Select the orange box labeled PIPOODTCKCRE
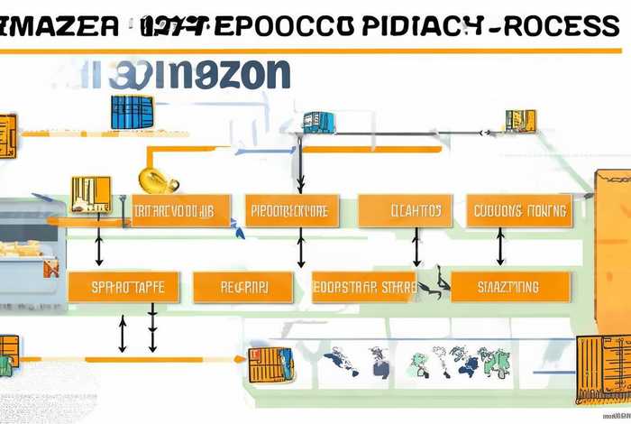pos(291,211)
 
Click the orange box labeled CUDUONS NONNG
pos(522,211)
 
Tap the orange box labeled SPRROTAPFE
pos(123,287)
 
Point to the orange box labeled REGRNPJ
pos(243,287)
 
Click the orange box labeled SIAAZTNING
pos(510,287)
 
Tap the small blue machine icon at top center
pos(318,122)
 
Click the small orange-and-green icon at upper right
pos(520,120)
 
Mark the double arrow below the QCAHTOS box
pos(416,246)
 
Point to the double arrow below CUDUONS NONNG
pos(499,246)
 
